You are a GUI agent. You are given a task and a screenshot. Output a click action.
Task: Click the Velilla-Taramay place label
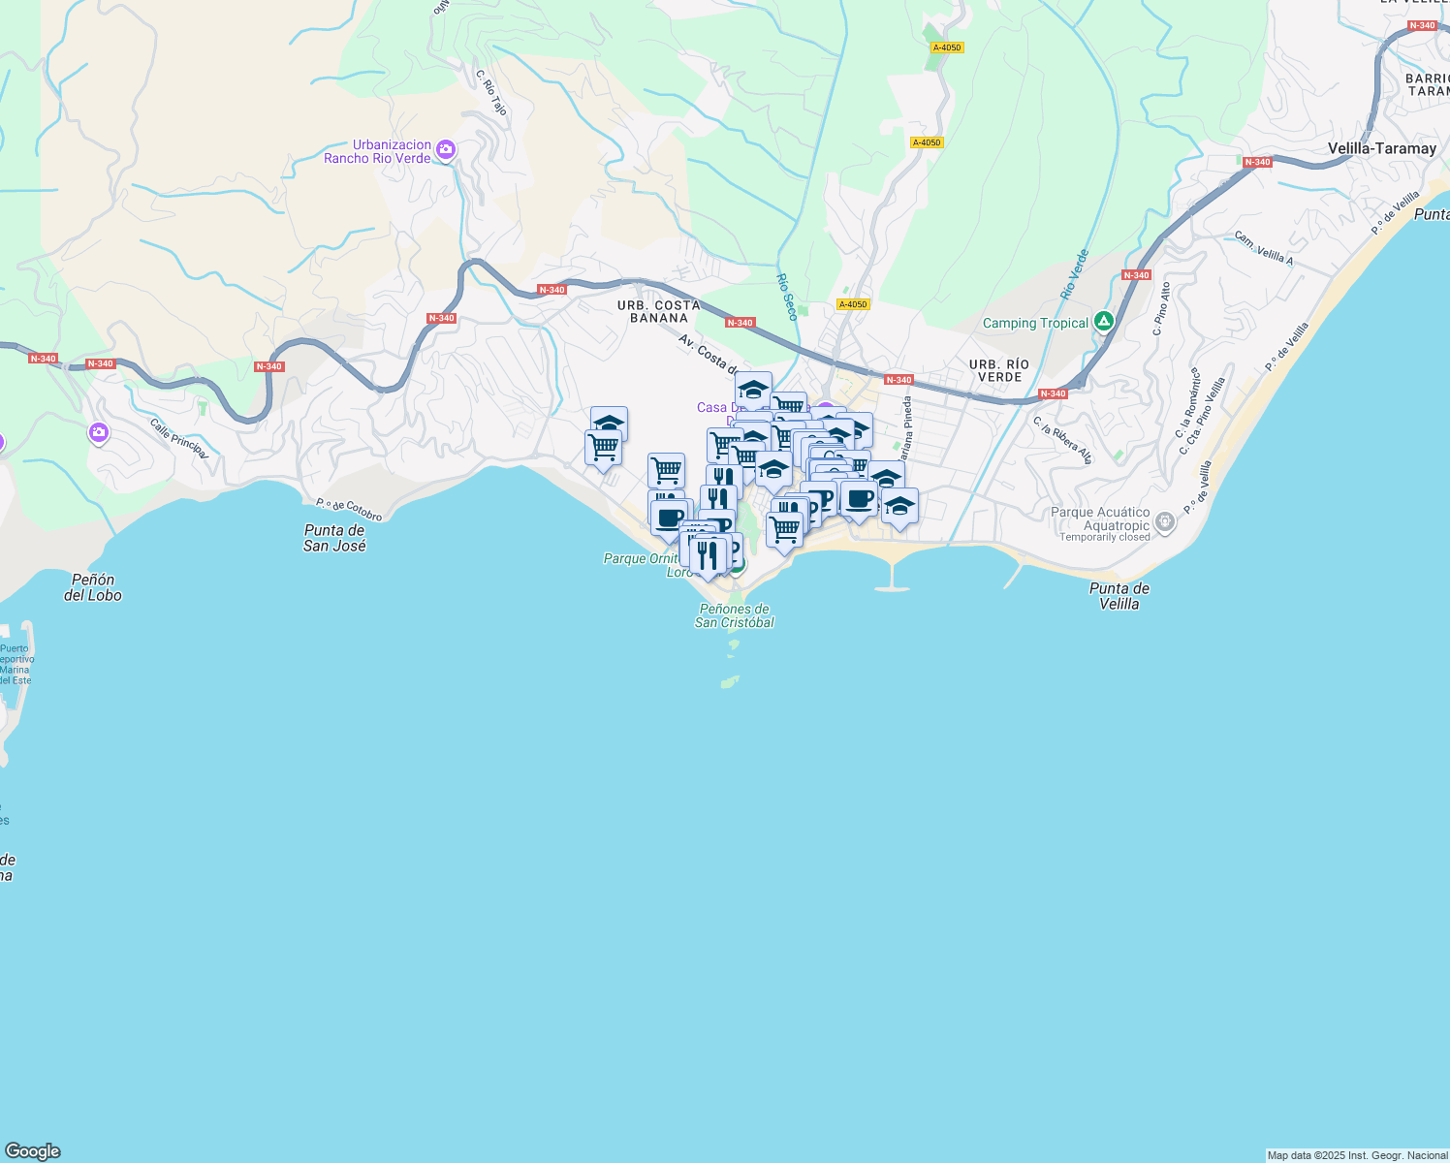point(1381,148)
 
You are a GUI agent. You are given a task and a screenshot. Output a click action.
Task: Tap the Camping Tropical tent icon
point(1103,321)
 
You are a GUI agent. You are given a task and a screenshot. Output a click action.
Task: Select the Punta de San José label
point(334,538)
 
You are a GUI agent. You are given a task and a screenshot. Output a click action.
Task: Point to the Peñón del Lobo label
point(93,587)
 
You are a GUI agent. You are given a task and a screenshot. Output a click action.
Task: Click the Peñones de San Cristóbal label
point(735,615)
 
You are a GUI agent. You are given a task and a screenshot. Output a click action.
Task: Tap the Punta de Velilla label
point(1119,595)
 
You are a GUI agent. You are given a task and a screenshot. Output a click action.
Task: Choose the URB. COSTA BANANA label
point(658,311)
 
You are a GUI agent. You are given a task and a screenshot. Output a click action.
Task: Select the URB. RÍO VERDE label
point(999,370)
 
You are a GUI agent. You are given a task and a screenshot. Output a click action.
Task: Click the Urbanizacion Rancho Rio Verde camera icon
point(446,149)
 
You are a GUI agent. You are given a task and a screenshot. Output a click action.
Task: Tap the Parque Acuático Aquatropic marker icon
point(1165,523)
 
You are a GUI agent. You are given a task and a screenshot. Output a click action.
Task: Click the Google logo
point(33,1151)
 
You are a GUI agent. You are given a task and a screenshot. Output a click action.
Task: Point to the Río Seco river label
point(786,297)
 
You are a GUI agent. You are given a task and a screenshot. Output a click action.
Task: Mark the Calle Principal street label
point(178,438)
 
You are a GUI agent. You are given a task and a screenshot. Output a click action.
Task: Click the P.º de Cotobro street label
point(349,510)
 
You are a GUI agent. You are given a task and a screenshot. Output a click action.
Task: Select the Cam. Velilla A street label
point(1263,248)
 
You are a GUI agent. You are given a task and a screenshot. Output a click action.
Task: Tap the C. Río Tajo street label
point(491,92)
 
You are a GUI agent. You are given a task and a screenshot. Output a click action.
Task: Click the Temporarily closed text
point(1104,537)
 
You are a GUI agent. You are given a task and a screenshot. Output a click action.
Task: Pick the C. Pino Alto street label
point(1161,308)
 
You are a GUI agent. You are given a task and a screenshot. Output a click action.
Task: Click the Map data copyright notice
point(1357,1155)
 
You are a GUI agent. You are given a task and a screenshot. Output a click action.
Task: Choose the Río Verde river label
point(1075,273)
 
